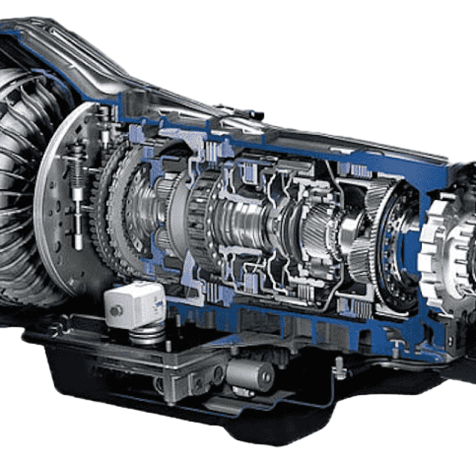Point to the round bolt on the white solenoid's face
(114, 310)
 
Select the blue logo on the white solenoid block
(158, 303)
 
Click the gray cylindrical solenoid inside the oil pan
(250, 374)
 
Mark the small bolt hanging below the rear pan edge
(339, 371)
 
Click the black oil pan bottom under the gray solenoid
(250, 410)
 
